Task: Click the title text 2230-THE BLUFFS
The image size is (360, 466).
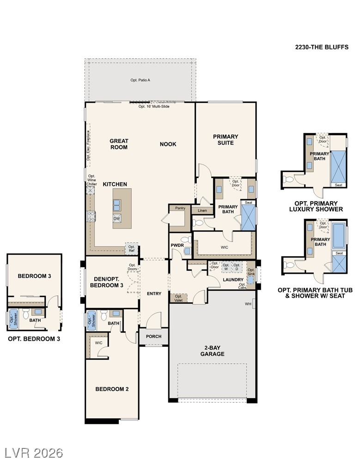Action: click(322, 47)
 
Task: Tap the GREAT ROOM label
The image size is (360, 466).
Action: click(119, 144)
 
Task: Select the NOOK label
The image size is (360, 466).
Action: click(168, 144)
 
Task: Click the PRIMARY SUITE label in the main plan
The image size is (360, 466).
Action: click(226, 140)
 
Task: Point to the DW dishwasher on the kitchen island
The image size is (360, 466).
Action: click(117, 219)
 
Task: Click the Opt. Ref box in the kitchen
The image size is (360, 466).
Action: click(132, 249)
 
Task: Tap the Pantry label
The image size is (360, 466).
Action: click(180, 208)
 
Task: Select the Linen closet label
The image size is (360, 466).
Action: click(202, 211)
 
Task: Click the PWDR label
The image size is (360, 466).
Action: click(177, 245)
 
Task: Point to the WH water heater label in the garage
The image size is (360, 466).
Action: click(248, 304)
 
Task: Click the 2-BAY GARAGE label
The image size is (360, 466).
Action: click(212, 351)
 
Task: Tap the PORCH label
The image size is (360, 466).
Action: click(153, 336)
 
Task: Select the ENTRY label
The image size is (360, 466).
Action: click(154, 294)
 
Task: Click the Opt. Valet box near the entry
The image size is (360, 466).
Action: click(178, 298)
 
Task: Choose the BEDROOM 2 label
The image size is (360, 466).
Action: click(112, 389)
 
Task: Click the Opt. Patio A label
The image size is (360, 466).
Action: click(140, 80)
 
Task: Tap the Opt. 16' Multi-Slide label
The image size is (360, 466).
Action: click(154, 106)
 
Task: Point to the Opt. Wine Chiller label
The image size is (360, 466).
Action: click(92, 180)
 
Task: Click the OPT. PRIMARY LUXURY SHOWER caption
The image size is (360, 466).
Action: click(318, 206)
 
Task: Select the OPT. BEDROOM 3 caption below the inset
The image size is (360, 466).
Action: click(34, 339)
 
